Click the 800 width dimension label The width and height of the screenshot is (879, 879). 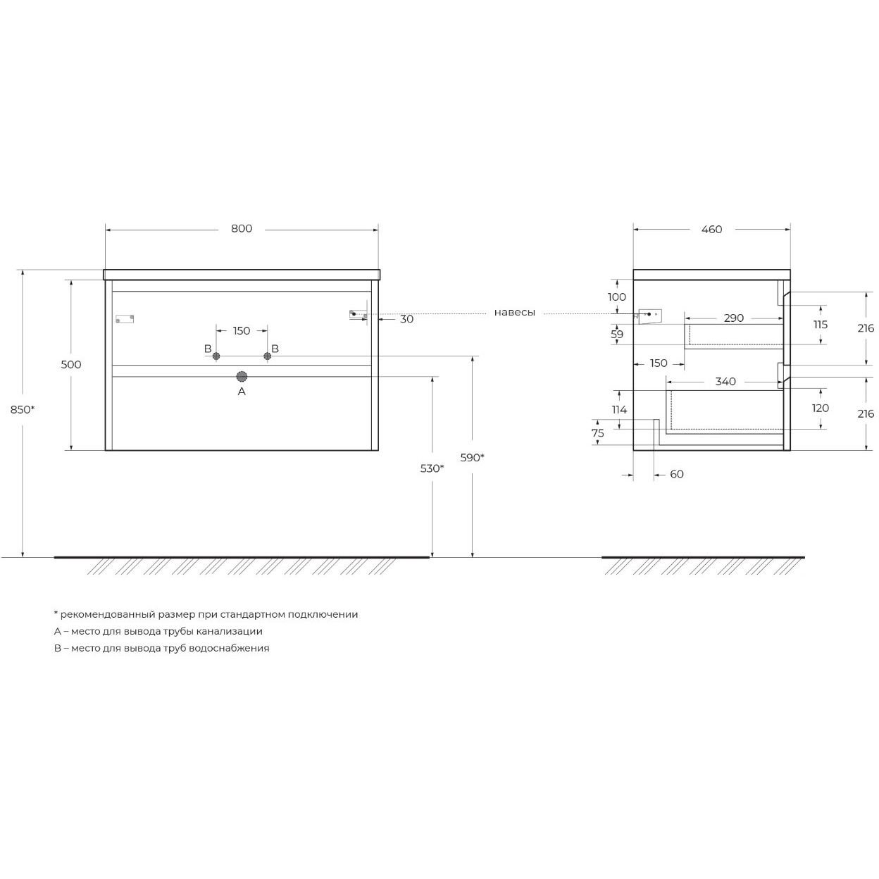click(242, 228)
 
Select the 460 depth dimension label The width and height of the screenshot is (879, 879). click(711, 230)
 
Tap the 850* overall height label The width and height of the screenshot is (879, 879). click(23, 410)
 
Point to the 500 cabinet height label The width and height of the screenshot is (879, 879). click(71, 364)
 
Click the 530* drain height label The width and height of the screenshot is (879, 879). click(432, 468)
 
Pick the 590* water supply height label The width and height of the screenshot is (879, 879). click(472, 457)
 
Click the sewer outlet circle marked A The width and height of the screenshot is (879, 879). click(242, 377)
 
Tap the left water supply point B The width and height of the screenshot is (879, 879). click(216, 356)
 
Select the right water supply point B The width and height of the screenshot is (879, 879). click(268, 356)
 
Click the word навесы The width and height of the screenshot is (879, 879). click(515, 313)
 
